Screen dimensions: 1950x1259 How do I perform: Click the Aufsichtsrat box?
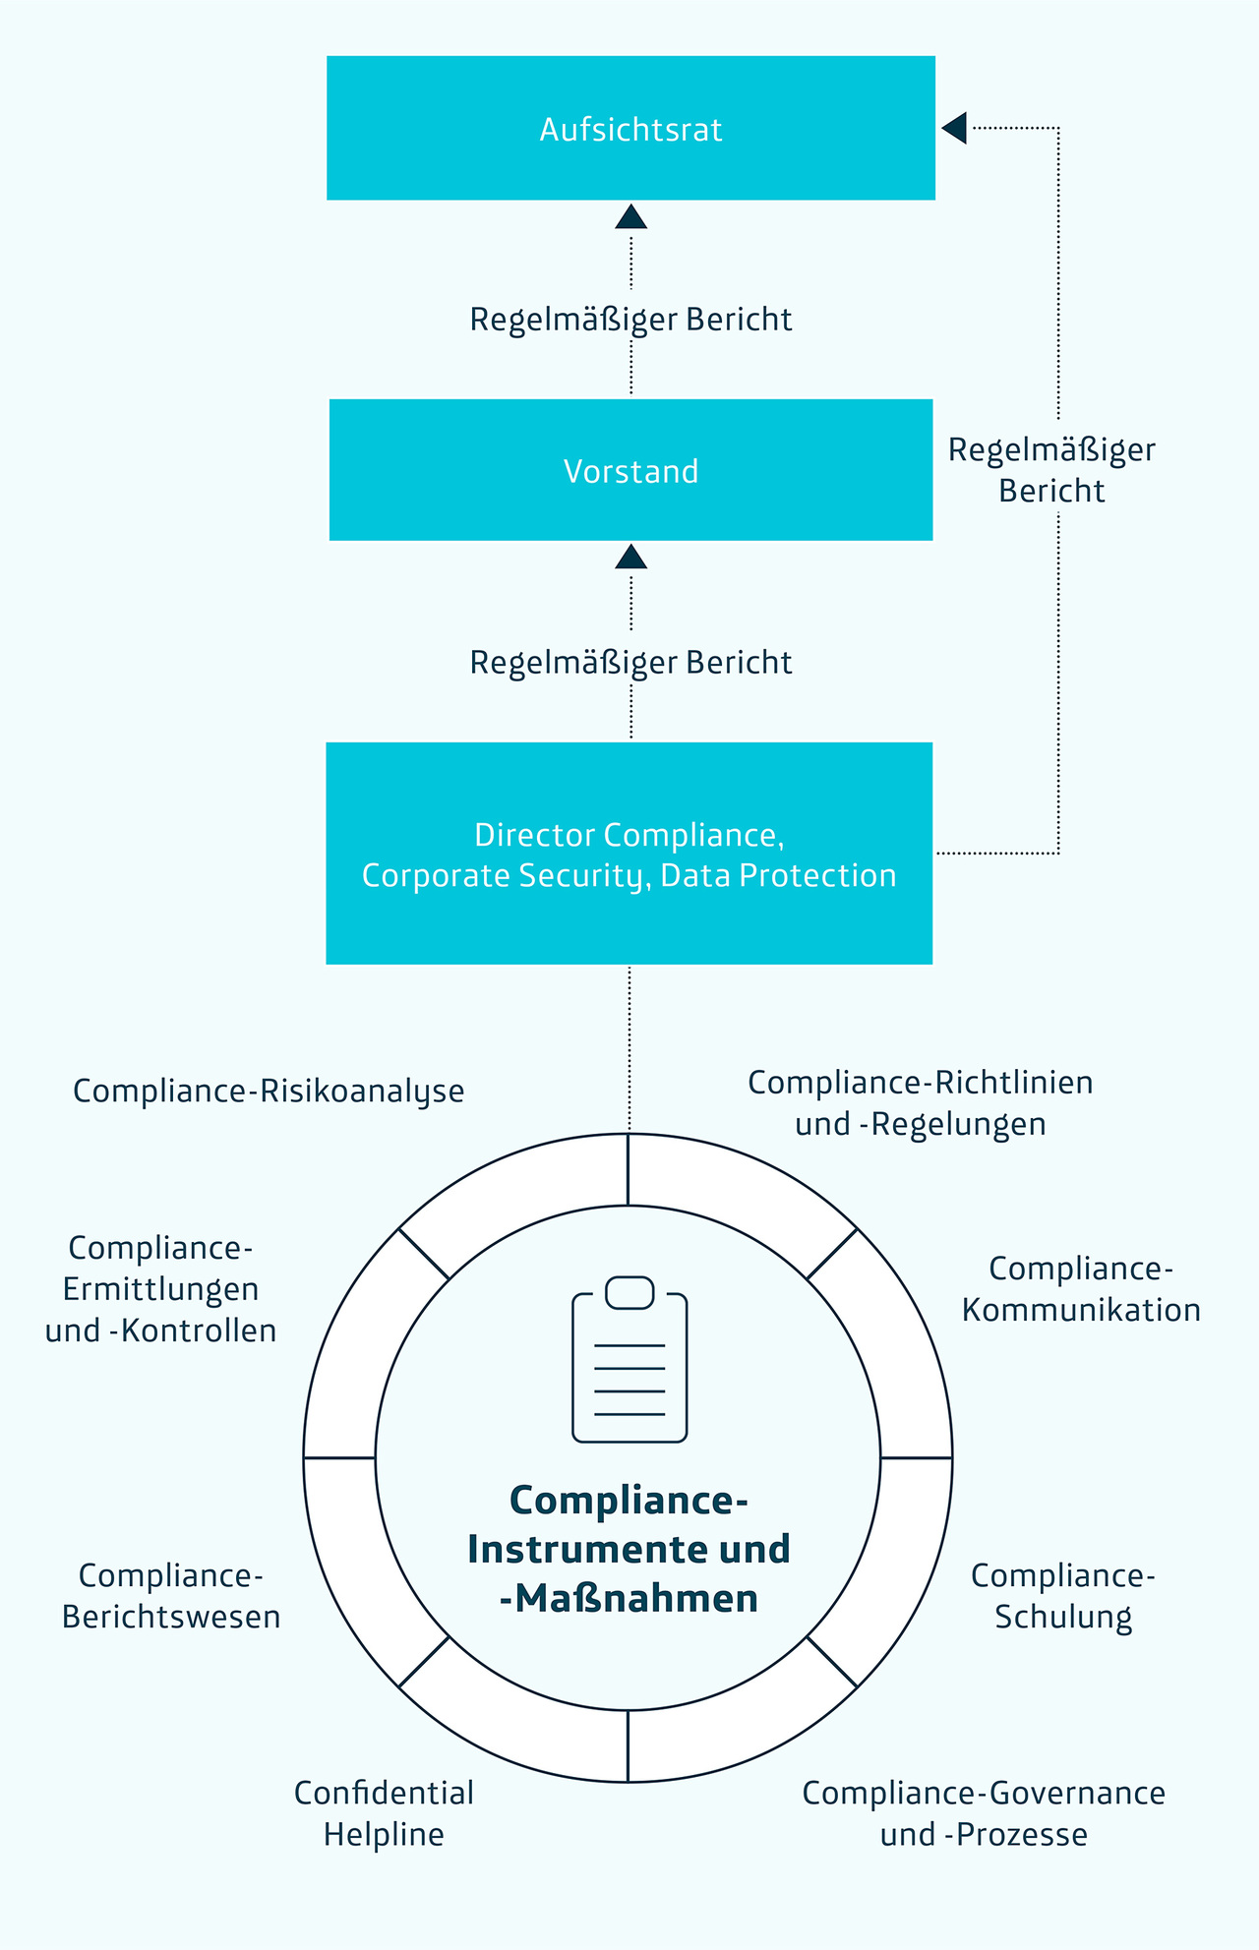click(x=630, y=128)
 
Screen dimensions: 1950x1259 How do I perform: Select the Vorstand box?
click(x=630, y=470)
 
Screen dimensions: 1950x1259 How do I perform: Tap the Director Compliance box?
click(x=629, y=854)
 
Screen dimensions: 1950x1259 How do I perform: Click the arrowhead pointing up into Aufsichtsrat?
click(x=630, y=217)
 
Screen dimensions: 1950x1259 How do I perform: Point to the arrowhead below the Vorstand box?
click(x=630, y=558)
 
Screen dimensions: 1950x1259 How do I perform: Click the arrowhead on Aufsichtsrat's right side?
click(x=954, y=128)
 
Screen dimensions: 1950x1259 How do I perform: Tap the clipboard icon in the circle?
click(x=629, y=1360)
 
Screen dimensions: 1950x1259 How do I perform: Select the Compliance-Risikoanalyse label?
click(x=269, y=1092)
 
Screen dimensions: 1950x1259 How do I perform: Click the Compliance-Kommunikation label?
click(x=1081, y=1289)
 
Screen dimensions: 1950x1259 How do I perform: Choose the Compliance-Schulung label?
click(x=1063, y=1596)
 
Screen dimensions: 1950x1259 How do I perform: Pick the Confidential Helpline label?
click(x=384, y=1813)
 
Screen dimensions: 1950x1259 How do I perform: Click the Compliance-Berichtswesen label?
click(x=171, y=1596)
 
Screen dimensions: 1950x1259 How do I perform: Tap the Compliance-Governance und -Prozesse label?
click(x=984, y=1813)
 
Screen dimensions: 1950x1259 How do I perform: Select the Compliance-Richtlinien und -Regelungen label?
click(x=921, y=1103)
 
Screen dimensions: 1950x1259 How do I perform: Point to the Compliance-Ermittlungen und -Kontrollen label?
click(x=160, y=1289)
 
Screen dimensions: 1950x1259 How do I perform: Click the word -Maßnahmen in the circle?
click(x=629, y=1599)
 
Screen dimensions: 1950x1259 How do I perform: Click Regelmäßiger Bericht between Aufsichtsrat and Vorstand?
click(x=630, y=320)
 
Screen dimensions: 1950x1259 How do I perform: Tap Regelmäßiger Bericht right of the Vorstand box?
click(x=1051, y=470)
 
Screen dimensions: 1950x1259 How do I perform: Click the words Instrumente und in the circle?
click(x=629, y=1550)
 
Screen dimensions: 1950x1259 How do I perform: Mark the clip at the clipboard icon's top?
click(x=629, y=1292)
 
